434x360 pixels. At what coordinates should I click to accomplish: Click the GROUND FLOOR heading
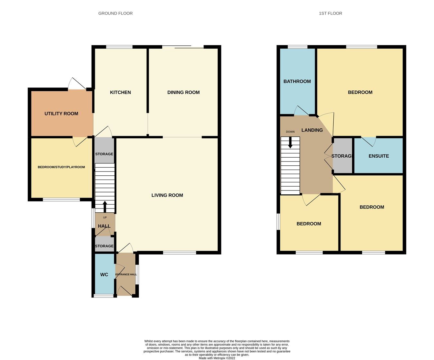[115, 14]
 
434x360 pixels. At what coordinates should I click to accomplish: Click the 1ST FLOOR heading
[330, 14]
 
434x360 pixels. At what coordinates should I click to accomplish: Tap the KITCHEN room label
[120, 92]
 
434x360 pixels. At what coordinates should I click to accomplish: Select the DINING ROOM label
[183, 92]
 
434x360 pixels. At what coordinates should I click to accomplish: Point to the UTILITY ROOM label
[61, 114]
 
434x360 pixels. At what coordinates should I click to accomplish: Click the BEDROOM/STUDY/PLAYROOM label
[61, 167]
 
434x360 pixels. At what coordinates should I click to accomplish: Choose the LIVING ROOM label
[167, 195]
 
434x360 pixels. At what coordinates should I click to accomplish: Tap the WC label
[104, 275]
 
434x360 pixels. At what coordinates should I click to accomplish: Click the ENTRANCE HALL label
[126, 274]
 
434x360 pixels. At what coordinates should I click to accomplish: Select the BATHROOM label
[297, 81]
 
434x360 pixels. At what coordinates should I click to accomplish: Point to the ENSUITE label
[378, 156]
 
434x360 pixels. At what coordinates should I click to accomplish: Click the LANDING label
[312, 130]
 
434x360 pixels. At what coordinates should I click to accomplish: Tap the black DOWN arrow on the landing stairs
[290, 143]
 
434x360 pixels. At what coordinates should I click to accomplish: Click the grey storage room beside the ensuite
[343, 156]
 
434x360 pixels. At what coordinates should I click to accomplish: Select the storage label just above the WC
[104, 246]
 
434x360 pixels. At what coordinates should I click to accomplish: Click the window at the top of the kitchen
[119, 47]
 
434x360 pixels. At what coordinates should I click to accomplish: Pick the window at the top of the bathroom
[297, 47]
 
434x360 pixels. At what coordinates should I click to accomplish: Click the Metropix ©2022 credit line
[217, 358]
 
